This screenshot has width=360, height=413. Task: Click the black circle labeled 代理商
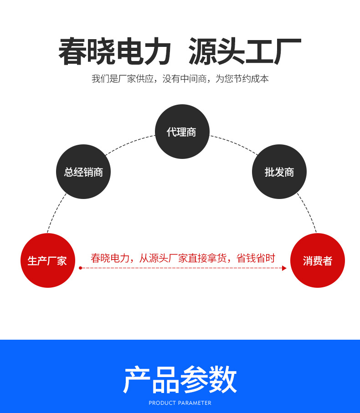pos(182,132)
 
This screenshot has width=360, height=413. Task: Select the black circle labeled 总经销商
pos(83,172)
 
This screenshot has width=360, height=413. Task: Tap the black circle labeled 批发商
pos(279,172)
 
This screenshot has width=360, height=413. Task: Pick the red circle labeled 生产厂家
pos(47,260)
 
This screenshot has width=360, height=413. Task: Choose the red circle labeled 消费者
pos(318,260)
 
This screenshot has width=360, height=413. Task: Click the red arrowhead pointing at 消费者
pos(284,268)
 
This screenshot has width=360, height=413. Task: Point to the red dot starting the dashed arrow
pos(80,268)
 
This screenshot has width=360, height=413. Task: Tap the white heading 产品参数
pos(180,379)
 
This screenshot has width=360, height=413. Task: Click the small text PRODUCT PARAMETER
pos(180,403)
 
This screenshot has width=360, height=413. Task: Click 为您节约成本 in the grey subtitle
pos(242,79)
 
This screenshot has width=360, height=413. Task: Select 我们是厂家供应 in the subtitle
pos(121,79)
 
